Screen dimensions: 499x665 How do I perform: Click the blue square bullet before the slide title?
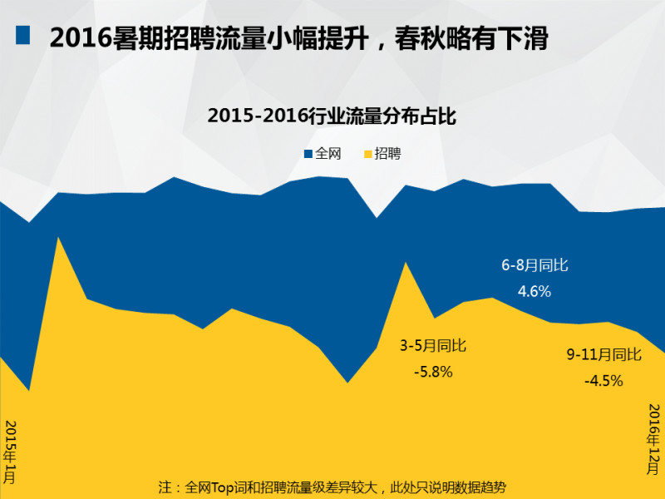[x=22, y=35]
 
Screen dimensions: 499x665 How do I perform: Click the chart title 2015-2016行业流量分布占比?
[x=332, y=116]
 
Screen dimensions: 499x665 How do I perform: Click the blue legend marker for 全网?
[x=308, y=154]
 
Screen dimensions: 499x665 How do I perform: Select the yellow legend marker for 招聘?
[x=367, y=154]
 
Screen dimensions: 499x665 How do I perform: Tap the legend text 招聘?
[x=387, y=154]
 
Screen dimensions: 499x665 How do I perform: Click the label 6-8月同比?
[x=534, y=266]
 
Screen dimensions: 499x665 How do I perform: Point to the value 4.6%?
[x=534, y=291]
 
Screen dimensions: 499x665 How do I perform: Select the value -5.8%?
[x=433, y=372]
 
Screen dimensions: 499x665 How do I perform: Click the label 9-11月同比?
[x=603, y=355]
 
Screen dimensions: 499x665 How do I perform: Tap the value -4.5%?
[x=603, y=380]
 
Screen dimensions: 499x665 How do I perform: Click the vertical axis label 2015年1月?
[x=11, y=453]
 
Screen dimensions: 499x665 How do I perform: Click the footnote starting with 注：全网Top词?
[x=332, y=487]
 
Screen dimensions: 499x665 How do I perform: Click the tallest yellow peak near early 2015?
[x=57, y=239]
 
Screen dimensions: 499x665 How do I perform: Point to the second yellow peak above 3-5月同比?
[x=405, y=264]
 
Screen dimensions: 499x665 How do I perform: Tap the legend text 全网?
[x=328, y=154]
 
